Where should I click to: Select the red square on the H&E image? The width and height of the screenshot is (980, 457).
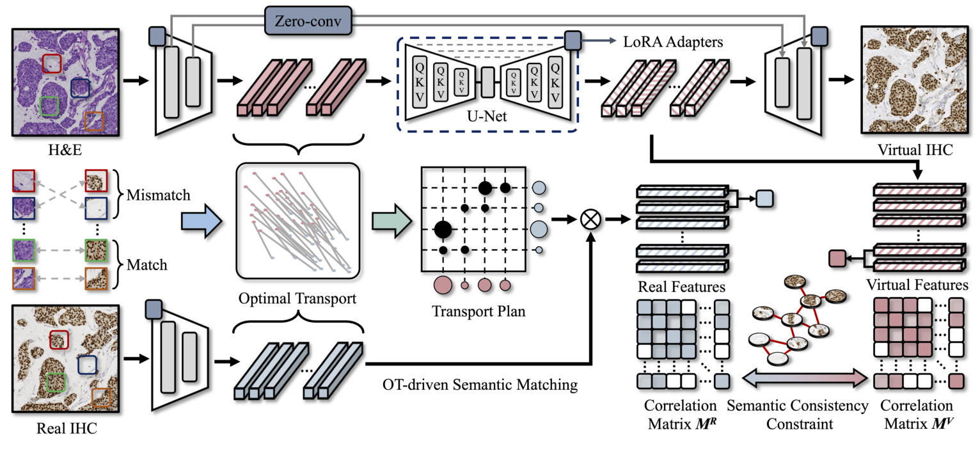[52, 63]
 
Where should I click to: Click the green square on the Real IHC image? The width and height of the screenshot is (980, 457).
[56, 383]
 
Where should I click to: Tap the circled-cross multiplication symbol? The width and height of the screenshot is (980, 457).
[589, 220]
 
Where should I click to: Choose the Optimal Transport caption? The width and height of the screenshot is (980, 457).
[298, 299]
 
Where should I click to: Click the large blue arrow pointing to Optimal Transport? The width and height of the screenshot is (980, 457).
[202, 220]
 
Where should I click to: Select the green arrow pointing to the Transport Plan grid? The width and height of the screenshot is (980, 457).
[390, 220]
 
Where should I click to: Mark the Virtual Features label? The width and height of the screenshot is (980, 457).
[917, 285]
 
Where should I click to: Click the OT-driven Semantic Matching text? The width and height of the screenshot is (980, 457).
[480, 385]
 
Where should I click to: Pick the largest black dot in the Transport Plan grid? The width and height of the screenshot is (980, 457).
[443, 228]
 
